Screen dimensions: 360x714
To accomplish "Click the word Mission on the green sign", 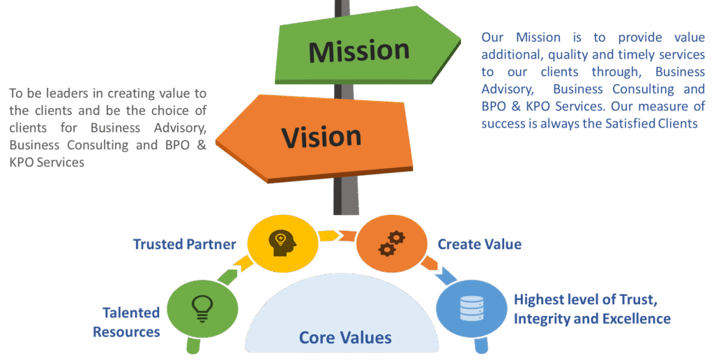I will click(x=359, y=51).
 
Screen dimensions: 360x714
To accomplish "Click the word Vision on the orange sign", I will click(x=321, y=135).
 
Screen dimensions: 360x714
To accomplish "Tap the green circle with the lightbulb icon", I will click(x=203, y=307).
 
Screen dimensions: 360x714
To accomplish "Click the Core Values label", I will click(x=345, y=338).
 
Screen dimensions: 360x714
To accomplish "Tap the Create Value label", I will click(x=479, y=244).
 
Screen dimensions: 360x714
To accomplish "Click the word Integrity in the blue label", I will click(x=540, y=319).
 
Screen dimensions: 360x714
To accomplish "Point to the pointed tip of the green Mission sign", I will click(x=457, y=42).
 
